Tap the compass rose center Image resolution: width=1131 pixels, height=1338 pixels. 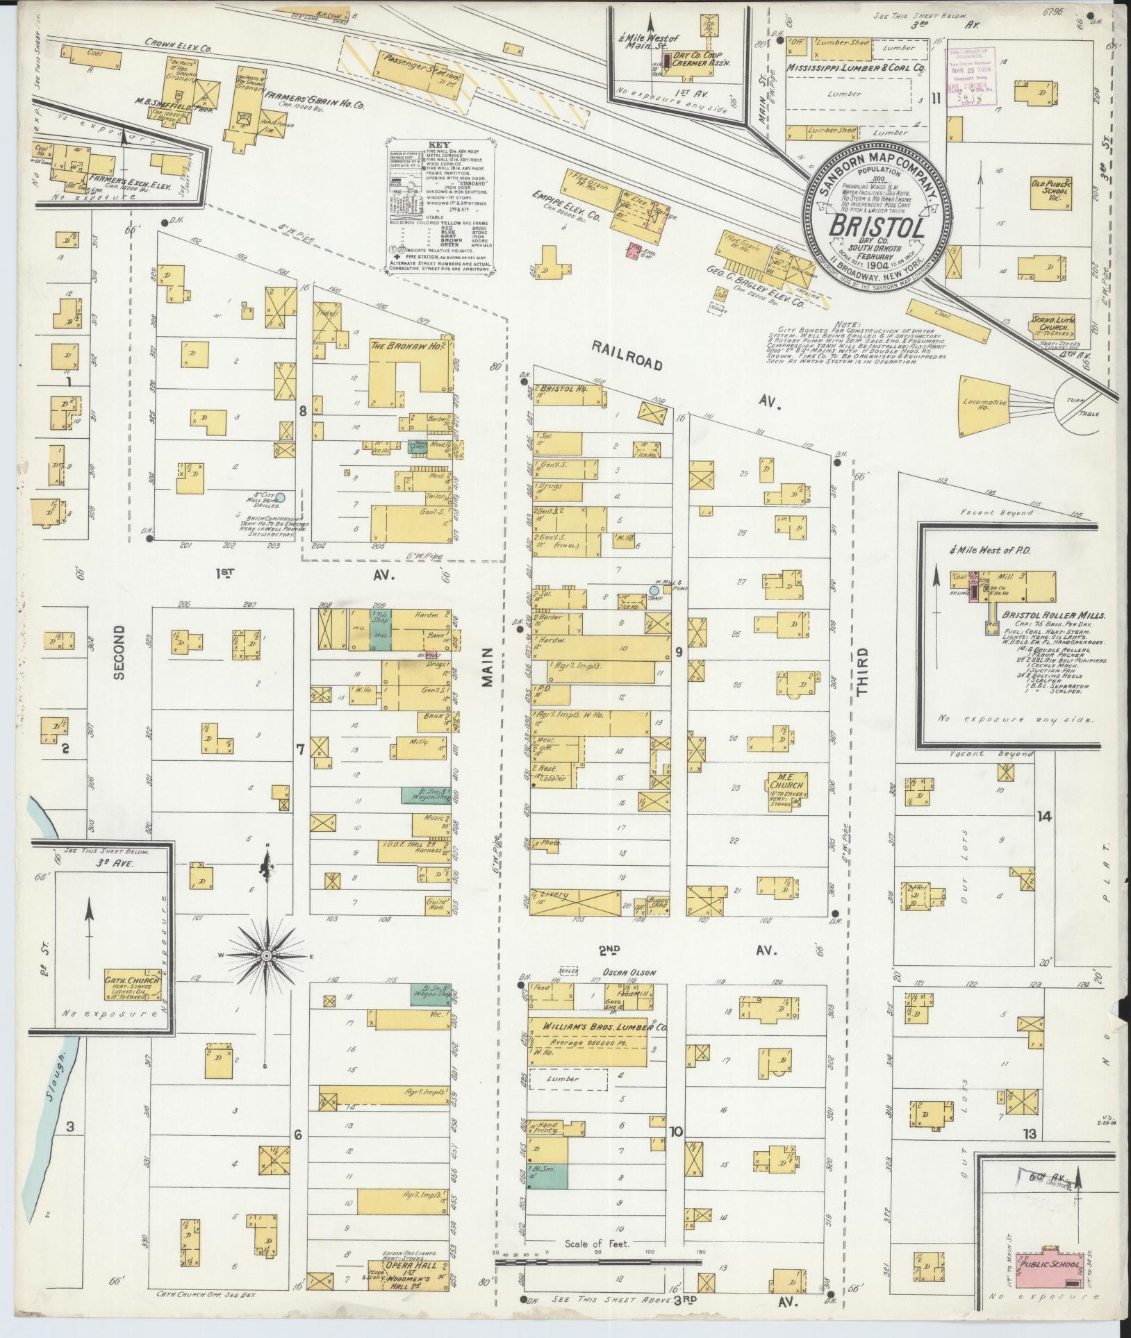[265, 956]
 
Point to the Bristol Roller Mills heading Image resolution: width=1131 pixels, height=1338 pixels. [1043, 615]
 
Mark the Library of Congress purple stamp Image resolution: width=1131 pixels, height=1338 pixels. [971, 74]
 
